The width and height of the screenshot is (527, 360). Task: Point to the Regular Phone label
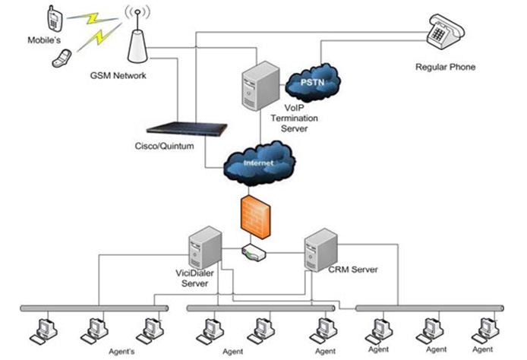coord(445,67)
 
